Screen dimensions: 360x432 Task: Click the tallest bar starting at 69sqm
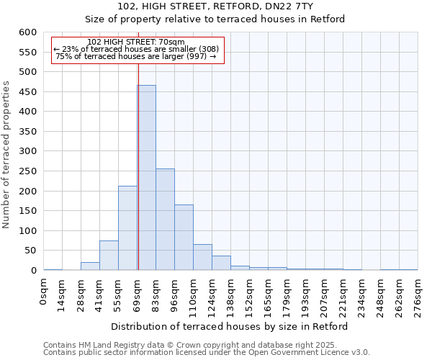coord(147,178)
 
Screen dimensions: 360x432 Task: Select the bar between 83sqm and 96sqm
coord(165,220)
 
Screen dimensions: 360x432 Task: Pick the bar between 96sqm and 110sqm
coord(184,238)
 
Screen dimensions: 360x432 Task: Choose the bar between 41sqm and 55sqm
coord(109,256)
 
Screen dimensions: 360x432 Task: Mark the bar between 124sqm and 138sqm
coord(221,264)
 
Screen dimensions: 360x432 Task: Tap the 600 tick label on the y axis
coord(27,32)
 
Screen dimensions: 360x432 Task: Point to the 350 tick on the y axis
coord(27,132)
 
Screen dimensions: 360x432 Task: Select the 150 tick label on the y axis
coord(27,211)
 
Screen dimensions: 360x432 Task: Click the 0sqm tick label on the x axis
coord(44,293)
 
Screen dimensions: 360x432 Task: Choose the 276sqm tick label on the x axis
coord(418,296)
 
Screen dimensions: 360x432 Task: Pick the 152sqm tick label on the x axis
coord(250,296)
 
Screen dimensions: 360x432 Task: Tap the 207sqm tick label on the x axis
coord(324,296)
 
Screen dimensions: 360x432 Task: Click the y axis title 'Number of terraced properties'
coord(6,155)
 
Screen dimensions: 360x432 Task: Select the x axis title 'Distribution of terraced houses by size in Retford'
coord(230,326)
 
